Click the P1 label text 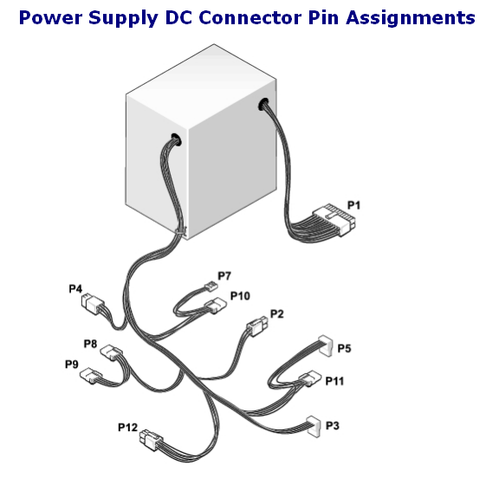tap(353, 205)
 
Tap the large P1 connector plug tap(334, 220)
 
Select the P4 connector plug tap(93, 304)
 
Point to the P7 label tap(224, 276)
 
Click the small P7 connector tap(211, 287)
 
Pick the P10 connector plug tap(216, 305)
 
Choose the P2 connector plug tap(257, 326)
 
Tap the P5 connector tap(326, 345)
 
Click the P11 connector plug tap(310, 378)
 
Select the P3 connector tap(314, 427)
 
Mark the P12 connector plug tap(151, 439)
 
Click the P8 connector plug tap(112, 352)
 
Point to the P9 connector tap(91, 375)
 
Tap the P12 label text tap(127, 428)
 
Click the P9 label tap(72, 365)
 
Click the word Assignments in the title tap(411, 18)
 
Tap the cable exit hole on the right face tap(263, 104)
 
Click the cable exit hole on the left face tap(176, 139)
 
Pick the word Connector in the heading tap(250, 17)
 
